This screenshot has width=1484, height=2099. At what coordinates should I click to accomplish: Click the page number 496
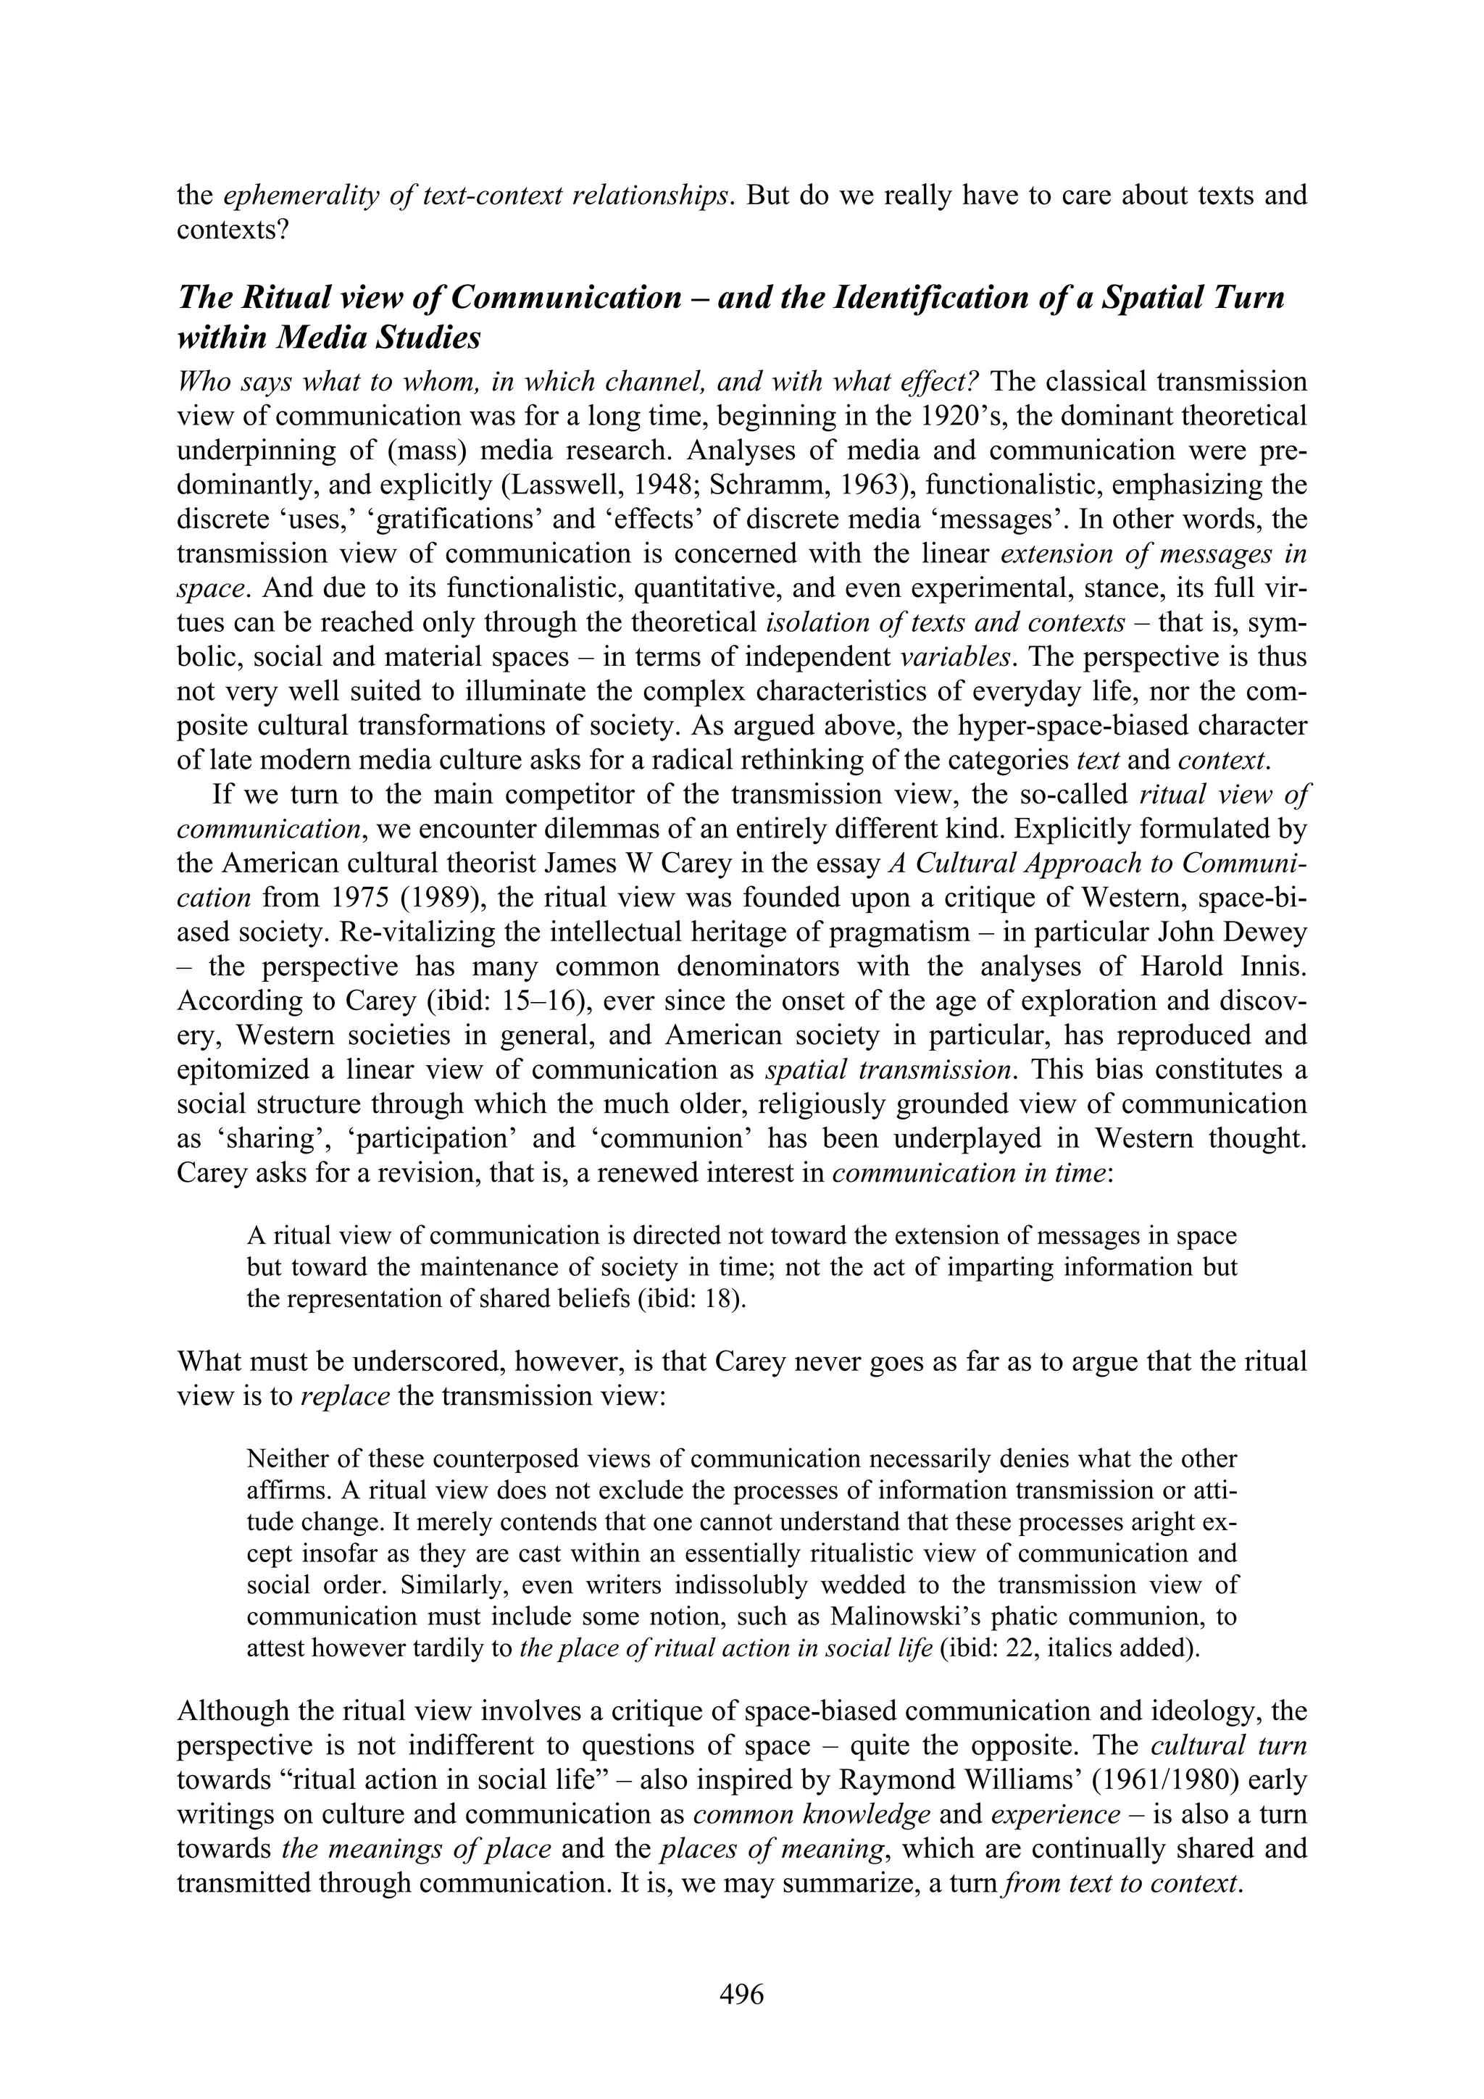(x=741, y=1994)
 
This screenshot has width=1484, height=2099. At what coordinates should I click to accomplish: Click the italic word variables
(x=956, y=657)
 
